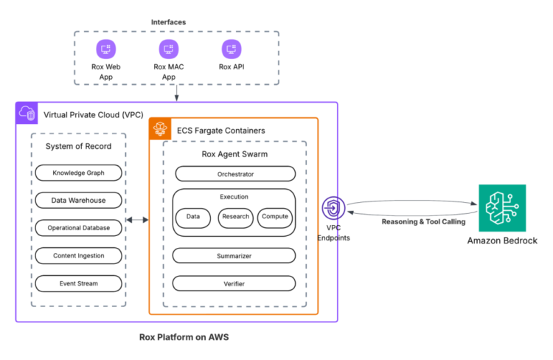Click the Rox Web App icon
(105, 49)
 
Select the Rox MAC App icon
(168, 49)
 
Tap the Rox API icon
(231, 49)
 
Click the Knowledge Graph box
(78, 173)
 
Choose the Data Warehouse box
(78, 201)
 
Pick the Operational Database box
(78, 228)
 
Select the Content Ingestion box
(78, 255)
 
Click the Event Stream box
(78, 283)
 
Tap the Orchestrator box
(235, 174)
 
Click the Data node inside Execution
(193, 218)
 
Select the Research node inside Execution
(236, 218)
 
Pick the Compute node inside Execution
(275, 218)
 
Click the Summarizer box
(235, 255)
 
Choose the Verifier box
(235, 283)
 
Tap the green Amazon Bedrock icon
(502, 208)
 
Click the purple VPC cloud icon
(26, 113)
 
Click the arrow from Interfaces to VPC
(176, 93)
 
